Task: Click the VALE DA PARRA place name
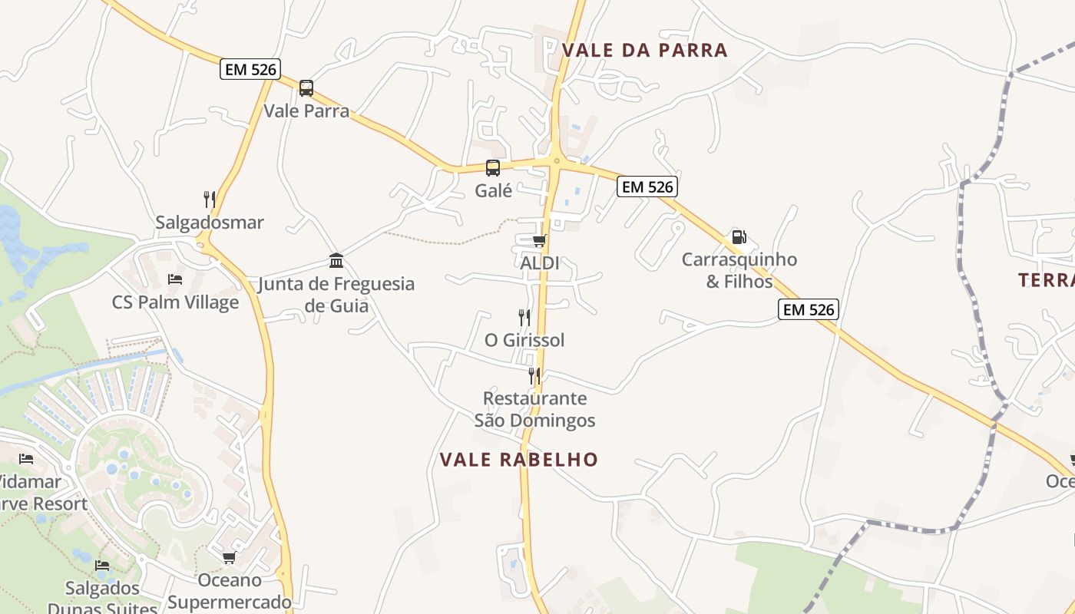(x=644, y=51)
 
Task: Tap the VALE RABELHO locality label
(x=518, y=460)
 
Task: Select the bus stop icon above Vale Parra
(x=306, y=88)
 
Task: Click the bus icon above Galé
(x=493, y=168)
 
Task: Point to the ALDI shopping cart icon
(x=539, y=241)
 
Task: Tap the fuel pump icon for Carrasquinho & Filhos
(x=739, y=237)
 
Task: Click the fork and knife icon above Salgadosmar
(x=210, y=200)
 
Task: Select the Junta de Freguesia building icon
(x=336, y=261)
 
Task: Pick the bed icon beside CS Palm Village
(x=175, y=279)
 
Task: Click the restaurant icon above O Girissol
(x=524, y=317)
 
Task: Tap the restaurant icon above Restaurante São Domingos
(x=534, y=376)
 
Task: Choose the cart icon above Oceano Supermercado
(x=229, y=558)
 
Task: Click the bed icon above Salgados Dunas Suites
(x=102, y=566)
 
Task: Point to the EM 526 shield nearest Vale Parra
(x=250, y=69)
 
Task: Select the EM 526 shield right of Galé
(x=647, y=187)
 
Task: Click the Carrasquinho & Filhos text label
(x=739, y=270)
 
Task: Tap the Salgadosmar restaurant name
(x=210, y=223)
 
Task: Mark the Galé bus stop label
(x=493, y=190)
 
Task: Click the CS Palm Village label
(x=175, y=302)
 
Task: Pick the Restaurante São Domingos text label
(x=534, y=409)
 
